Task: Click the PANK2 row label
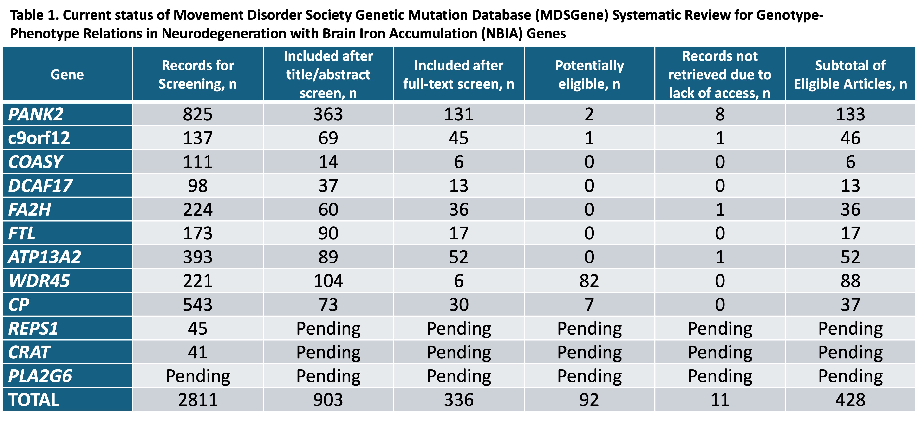[36, 114]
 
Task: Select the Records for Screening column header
[198, 75]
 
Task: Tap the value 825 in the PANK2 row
[198, 114]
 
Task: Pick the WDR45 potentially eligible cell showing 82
[589, 281]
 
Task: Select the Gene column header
[67, 75]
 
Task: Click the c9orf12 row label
[39, 138]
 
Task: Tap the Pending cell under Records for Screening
[198, 376]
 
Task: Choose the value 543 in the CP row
[198, 305]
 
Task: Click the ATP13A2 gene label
[45, 257]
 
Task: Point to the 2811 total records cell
[198, 400]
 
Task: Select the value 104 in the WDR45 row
[328, 281]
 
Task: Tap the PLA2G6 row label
[40, 376]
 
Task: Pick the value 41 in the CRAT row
[198, 352]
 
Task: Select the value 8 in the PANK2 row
[720, 114]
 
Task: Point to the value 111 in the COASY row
[198, 162]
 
